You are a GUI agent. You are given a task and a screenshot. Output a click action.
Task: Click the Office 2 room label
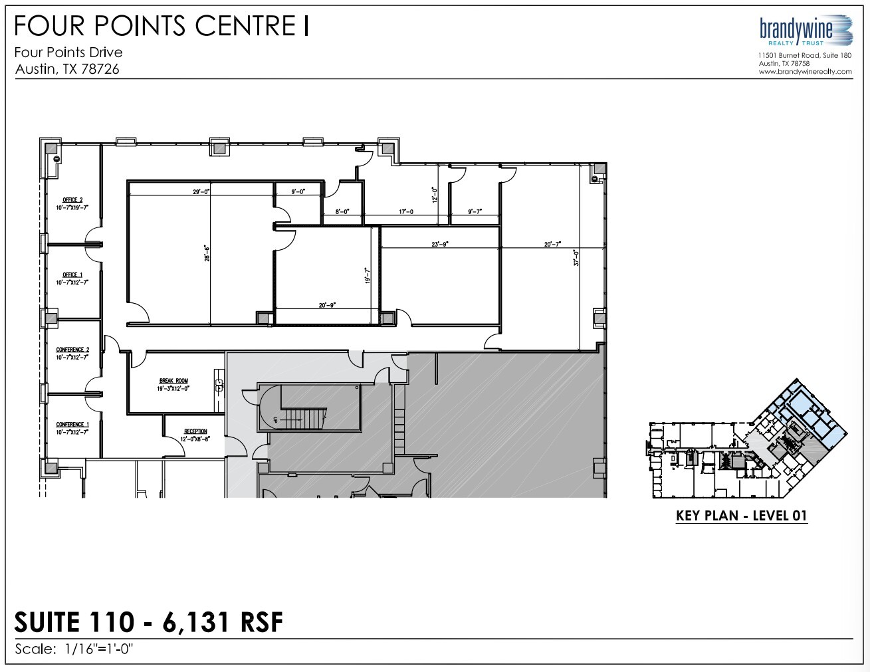point(72,199)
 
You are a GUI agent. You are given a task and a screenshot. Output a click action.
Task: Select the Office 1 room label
point(72,275)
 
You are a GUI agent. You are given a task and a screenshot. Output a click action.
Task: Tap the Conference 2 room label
point(72,350)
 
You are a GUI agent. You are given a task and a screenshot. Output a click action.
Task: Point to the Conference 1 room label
point(72,424)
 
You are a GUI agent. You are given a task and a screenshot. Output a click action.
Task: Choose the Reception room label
point(195,431)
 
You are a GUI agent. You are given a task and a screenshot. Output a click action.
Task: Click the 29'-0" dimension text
point(201,191)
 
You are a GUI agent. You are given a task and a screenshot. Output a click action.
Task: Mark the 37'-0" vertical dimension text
point(577,257)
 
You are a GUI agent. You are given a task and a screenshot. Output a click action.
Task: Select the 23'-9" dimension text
point(439,244)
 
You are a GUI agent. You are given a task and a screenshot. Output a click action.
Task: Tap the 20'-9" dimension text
point(327,305)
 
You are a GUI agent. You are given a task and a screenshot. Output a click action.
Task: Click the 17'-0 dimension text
point(406,211)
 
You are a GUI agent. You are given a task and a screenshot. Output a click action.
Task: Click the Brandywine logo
point(805,30)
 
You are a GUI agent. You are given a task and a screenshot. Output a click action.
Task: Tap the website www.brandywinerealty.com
point(805,72)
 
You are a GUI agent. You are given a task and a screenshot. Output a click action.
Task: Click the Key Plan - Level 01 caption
point(741,516)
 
